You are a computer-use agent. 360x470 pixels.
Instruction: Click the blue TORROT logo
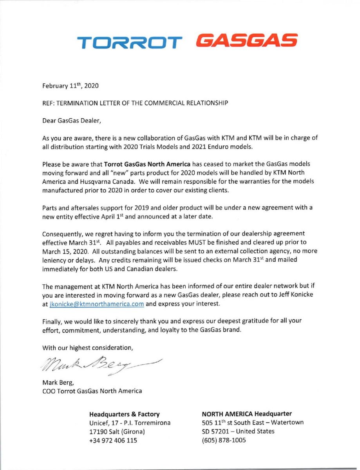tap(129, 42)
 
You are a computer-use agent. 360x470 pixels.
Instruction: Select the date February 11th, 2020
tap(71, 87)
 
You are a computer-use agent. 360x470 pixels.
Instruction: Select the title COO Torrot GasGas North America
tap(92, 390)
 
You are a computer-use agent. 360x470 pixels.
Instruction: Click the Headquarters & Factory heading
tap(125, 414)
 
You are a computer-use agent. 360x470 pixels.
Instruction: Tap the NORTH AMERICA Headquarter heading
tap(246, 414)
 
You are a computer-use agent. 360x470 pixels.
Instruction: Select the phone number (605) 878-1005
tap(224, 440)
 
